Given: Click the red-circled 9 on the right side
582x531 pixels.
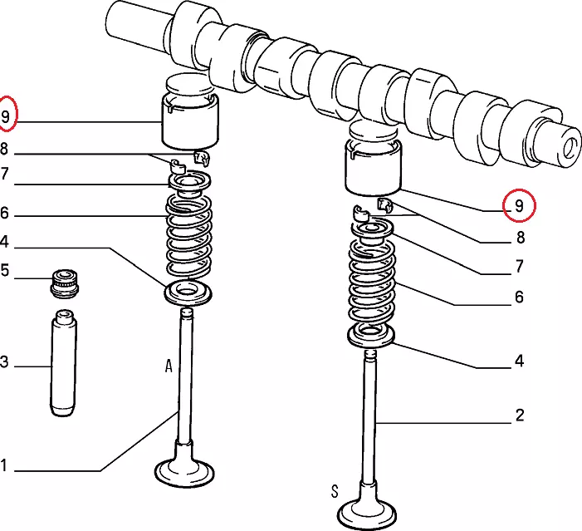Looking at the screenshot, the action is (x=519, y=205).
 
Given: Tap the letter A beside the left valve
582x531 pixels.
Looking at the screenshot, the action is (x=169, y=366).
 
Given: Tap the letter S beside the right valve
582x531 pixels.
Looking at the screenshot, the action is (x=335, y=491).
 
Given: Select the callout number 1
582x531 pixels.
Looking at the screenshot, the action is (x=3, y=465).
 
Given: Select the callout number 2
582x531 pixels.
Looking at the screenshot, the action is (x=520, y=415).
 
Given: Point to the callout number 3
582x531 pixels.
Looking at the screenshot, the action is (x=4, y=361).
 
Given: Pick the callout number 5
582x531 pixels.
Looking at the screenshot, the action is (x=4, y=270).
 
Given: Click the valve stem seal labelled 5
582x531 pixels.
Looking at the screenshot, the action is (x=65, y=284).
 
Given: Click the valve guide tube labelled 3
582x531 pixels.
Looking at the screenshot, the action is (x=64, y=362).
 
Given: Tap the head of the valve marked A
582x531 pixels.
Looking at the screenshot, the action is (x=184, y=472).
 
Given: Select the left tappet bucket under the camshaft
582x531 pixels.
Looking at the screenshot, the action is (x=190, y=122).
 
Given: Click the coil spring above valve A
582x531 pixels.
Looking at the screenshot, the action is (x=188, y=236).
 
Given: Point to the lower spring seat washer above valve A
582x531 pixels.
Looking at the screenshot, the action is (x=188, y=293).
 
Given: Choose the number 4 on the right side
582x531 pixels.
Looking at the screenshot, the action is (x=519, y=361).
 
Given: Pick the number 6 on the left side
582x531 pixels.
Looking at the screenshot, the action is (x=4, y=213).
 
